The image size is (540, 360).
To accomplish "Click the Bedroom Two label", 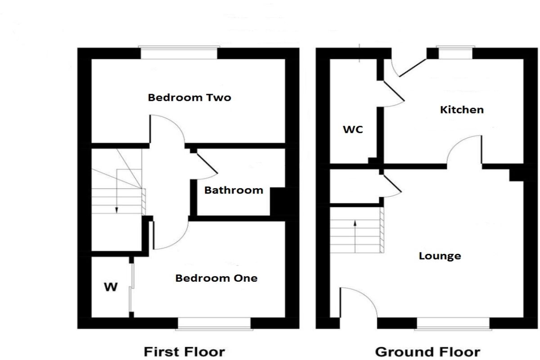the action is pyautogui.click(x=189, y=97).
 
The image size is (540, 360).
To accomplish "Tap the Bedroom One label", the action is pyautogui.click(x=216, y=278).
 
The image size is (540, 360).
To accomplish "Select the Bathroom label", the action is pyautogui.click(x=234, y=190).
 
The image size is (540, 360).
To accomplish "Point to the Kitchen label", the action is pyautogui.click(x=462, y=109).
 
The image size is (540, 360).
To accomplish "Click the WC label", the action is pyautogui.click(x=353, y=130).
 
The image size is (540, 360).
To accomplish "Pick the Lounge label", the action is pyautogui.click(x=440, y=256).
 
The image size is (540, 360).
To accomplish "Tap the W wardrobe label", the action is pyautogui.click(x=111, y=287).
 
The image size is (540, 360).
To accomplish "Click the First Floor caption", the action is pyautogui.click(x=184, y=351).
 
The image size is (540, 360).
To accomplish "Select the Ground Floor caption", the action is pyautogui.click(x=427, y=351).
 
